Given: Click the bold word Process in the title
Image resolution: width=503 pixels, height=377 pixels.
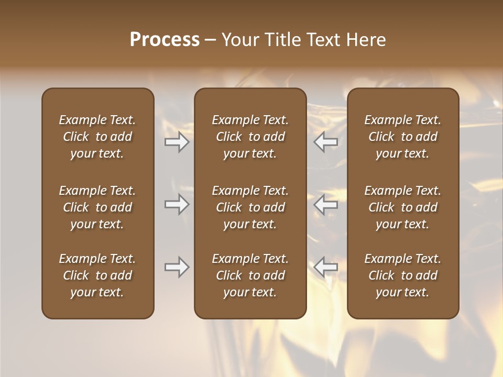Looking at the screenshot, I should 165,40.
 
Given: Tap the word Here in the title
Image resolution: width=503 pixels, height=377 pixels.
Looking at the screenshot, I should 366,40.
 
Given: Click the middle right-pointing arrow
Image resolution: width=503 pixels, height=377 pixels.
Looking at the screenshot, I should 177,204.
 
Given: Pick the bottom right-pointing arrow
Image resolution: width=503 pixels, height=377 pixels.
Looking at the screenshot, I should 177,267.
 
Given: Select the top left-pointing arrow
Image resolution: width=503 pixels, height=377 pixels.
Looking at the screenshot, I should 326,142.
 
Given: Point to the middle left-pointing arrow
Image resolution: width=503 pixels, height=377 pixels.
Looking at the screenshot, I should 326,204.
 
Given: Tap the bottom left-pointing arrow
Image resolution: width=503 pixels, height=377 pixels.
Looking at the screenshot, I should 326,267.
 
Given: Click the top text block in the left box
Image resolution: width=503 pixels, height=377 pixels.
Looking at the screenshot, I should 97,137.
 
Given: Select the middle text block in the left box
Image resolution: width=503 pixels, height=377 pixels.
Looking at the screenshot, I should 97,207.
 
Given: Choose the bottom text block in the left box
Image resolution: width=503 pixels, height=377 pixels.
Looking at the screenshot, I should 97,275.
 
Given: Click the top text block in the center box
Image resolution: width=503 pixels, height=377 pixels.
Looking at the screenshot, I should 250,137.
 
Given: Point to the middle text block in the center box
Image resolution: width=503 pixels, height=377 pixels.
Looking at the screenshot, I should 250,207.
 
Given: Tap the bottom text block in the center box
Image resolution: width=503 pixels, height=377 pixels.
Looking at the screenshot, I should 250,275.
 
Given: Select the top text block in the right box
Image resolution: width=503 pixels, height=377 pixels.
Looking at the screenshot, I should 402,137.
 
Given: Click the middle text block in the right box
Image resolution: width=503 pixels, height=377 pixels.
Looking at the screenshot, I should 402,207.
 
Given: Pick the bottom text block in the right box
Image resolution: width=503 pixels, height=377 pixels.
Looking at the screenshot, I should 402,275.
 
